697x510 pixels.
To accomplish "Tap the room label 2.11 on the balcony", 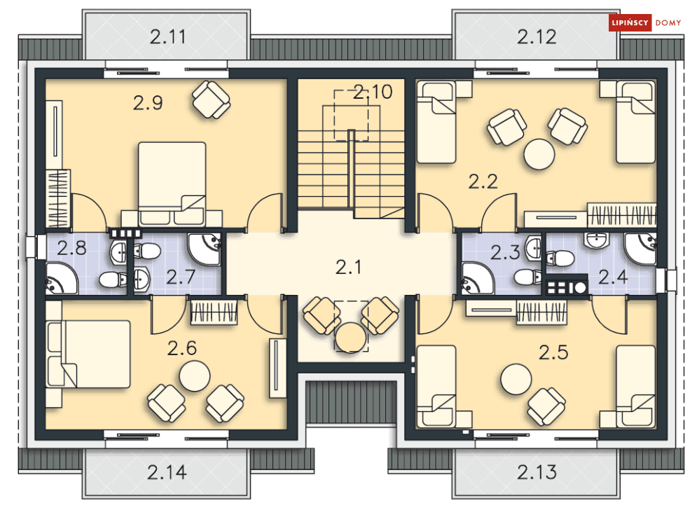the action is pos(167,37).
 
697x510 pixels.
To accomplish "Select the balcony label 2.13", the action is pos(537,472).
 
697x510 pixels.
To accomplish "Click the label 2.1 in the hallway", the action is pos(349,267).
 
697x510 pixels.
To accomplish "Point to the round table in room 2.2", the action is pos(539,154).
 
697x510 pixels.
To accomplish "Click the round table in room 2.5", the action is pos(516,379).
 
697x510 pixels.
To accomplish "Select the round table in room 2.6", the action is pos(195,376).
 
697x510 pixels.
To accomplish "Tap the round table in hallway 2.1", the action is pos(351,338).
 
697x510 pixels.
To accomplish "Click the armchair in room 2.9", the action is pos(211,99).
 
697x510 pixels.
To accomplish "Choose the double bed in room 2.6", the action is pos(88,354).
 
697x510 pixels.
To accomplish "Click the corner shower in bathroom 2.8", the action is pos(62,278).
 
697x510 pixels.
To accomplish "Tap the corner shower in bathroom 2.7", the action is pos(204,249).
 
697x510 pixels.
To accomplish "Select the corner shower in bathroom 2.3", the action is pos(478,278).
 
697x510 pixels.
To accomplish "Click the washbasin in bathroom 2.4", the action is pos(596,240).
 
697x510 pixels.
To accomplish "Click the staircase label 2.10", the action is pos(373,92).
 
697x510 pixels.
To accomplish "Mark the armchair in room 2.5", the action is pos(546,406).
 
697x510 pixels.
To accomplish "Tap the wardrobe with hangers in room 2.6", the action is pos(214,312).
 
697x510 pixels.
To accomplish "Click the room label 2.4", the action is pos(613,277).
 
